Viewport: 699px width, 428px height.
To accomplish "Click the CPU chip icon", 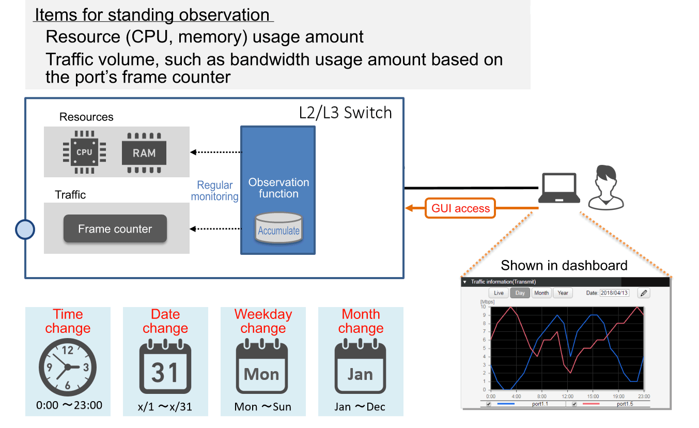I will (84, 152).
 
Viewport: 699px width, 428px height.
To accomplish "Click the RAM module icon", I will (144, 152).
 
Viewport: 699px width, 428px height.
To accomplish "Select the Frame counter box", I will (115, 229).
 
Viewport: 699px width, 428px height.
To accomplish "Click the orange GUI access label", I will (460, 208).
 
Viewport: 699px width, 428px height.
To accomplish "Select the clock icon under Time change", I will (68, 368).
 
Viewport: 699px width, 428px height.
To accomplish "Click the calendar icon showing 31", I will (165, 368).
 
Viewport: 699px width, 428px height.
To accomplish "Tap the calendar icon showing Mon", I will (262, 368).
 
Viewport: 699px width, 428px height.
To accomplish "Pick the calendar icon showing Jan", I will (360, 368).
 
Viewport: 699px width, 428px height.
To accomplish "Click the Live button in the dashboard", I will (499, 293).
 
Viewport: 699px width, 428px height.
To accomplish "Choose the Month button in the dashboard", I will (541, 293).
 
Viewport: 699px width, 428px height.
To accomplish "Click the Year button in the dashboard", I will (563, 293).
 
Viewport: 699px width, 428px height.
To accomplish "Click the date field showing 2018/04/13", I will (614, 293).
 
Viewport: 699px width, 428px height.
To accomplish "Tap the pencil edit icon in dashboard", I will (644, 293).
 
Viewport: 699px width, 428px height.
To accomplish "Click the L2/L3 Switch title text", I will (345, 112).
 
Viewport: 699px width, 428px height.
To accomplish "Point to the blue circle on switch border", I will (25, 230).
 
